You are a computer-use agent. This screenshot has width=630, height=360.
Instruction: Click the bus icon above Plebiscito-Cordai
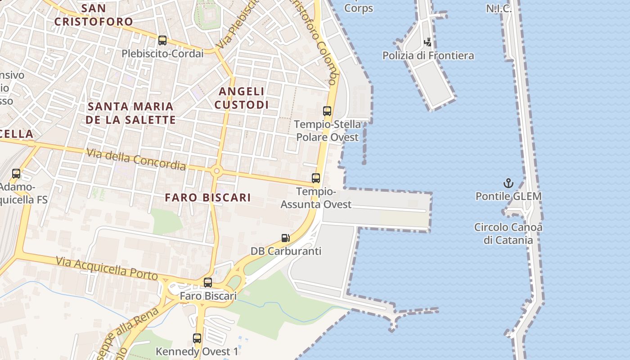pos(162,40)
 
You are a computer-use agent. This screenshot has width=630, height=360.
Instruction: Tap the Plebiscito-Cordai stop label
pos(162,54)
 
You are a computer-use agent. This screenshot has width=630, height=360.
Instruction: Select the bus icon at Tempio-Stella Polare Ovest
pos(327,111)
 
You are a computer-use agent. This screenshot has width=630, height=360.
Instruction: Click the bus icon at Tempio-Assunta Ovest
pos(316,178)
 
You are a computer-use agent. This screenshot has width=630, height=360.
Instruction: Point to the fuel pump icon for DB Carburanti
pos(285,238)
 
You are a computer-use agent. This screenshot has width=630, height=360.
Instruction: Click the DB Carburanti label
pos(286,251)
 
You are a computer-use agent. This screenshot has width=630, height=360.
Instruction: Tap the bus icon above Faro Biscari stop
pos(207,283)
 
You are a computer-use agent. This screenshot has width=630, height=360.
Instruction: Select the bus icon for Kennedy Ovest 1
pos(197,338)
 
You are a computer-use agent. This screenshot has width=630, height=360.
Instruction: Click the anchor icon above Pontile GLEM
pos(508,183)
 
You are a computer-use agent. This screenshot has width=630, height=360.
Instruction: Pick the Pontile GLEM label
pos(508,196)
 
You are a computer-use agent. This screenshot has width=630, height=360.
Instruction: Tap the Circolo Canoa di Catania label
pos(508,234)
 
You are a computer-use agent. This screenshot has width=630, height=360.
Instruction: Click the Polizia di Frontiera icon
pos(428,42)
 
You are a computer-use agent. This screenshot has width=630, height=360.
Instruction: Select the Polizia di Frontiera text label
pos(428,56)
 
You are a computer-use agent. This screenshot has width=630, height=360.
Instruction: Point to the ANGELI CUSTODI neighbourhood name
pos(242,98)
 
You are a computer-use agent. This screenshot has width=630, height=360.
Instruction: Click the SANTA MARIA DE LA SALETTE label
pos(130,113)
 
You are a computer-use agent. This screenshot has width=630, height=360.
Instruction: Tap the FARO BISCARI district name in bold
pos(207,198)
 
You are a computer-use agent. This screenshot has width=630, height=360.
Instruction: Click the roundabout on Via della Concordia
pos(216,171)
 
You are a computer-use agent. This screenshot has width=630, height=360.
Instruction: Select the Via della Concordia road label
pos(136,159)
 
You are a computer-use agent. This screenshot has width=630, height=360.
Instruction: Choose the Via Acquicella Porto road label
pos(107,268)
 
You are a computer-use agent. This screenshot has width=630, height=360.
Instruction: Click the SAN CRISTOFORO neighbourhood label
pos(94,15)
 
